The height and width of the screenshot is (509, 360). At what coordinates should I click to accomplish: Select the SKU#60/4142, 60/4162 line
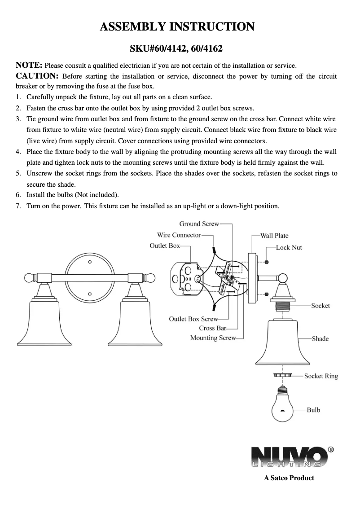pyautogui.click(x=177, y=48)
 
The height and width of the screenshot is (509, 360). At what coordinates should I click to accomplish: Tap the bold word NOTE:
pyautogui.click(x=29, y=65)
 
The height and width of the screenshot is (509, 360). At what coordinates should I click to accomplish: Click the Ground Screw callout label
pyautogui.click(x=199, y=224)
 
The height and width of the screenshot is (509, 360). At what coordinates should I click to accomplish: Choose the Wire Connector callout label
pyautogui.click(x=179, y=235)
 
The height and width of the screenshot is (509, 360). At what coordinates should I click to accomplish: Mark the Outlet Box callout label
pyautogui.click(x=164, y=246)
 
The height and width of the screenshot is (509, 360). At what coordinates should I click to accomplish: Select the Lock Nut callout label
pyautogui.click(x=289, y=247)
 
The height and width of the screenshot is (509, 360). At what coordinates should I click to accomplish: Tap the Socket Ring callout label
pyautogui.click(x=321, y=376)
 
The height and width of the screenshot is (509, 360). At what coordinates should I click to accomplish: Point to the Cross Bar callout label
pyautogui.click(x=212, y=328)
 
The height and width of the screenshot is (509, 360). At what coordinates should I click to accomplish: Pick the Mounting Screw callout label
pyautogui.click(x=213, y=338)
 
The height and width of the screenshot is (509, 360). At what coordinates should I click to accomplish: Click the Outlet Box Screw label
pyautogui.click(x=193, y=319)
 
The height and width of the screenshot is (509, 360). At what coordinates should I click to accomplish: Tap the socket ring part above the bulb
pyautogui.click(x=282, y=375)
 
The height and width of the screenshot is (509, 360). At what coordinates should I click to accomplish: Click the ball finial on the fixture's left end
pyautogui.click(x=30, y=278)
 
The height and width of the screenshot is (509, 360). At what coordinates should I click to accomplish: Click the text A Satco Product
pyautogui.click(x=289, y=478)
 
